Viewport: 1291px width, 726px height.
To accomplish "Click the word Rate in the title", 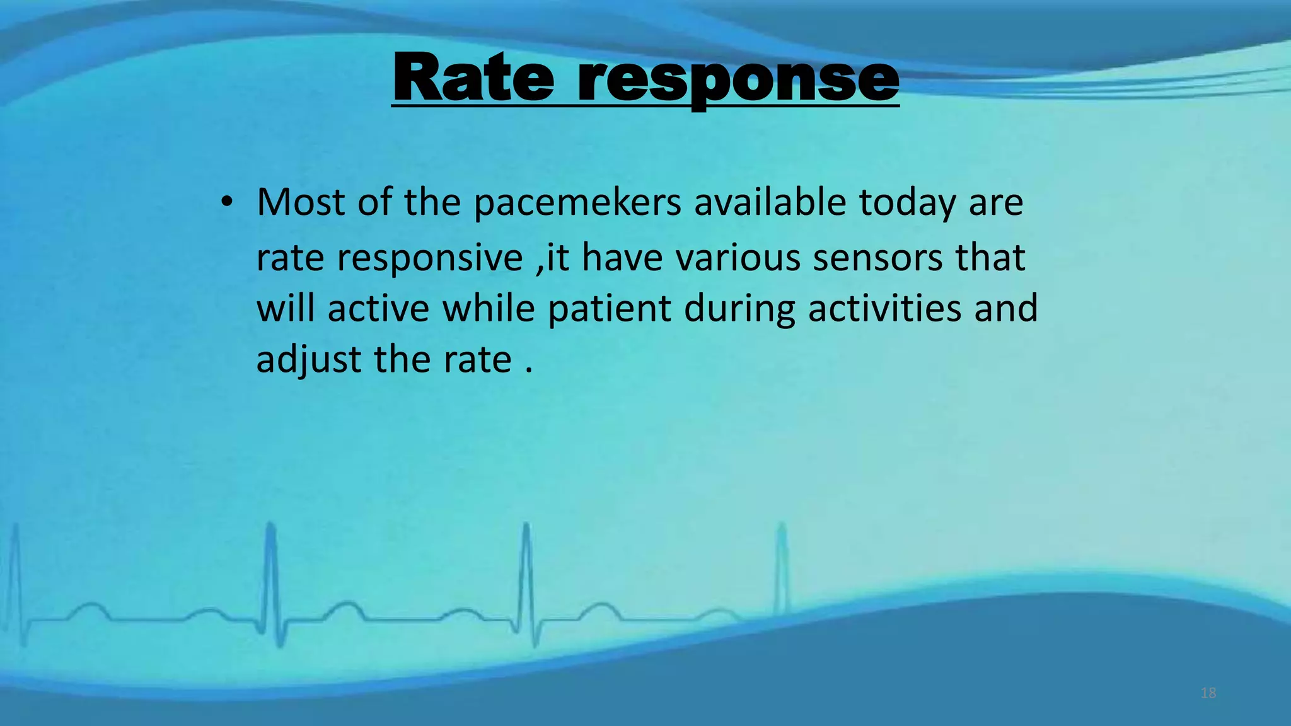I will click(x=473, y=78).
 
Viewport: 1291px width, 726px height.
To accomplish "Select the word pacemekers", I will click(x=577, y=203).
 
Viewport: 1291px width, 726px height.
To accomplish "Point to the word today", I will click(x=907, y=203).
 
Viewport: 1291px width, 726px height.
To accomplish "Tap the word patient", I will click(x=609, y=309).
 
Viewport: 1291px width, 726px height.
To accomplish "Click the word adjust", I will click(x=308, y=360).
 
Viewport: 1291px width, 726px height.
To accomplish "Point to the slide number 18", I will click(x=1208, y=693).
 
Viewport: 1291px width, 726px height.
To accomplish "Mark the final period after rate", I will click(x=528, y=371).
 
